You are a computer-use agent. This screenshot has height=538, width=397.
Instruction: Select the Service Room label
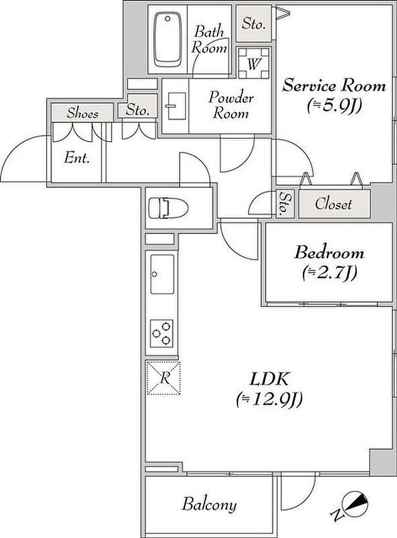(334, 86)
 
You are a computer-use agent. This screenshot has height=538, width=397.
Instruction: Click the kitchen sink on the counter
(163, 273)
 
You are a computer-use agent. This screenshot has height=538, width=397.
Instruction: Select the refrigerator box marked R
(163, 378)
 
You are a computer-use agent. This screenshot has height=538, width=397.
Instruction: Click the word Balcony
(209, 503)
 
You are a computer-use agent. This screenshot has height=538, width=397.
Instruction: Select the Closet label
(333, 204)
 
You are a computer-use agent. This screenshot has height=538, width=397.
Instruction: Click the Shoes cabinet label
(82, 113)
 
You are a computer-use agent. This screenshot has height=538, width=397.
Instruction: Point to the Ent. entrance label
(77, 158)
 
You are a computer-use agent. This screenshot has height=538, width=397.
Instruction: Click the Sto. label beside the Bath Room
(253, 24)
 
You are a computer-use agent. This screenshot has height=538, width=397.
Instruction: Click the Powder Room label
(231, 105)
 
